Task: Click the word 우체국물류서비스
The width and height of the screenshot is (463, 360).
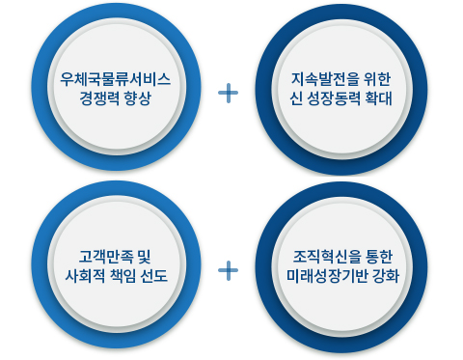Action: pos(115,79)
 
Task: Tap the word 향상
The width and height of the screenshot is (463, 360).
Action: pos(138,98)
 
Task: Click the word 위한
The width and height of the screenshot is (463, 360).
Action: pos(377,79)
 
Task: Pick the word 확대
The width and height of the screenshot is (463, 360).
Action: pos(379,98)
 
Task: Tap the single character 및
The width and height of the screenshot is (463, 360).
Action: pos(144,257)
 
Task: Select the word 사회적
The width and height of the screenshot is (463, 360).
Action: pos(85,276)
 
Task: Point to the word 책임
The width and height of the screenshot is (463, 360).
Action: pos(123,276)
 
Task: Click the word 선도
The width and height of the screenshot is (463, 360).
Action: pos(154,276)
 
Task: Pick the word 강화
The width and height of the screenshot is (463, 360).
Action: pos(386,276)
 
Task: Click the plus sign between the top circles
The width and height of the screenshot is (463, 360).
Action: pos(229,93)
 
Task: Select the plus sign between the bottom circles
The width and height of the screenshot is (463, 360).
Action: pos(229,270)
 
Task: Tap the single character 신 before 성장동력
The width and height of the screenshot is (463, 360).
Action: pos(295,98)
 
